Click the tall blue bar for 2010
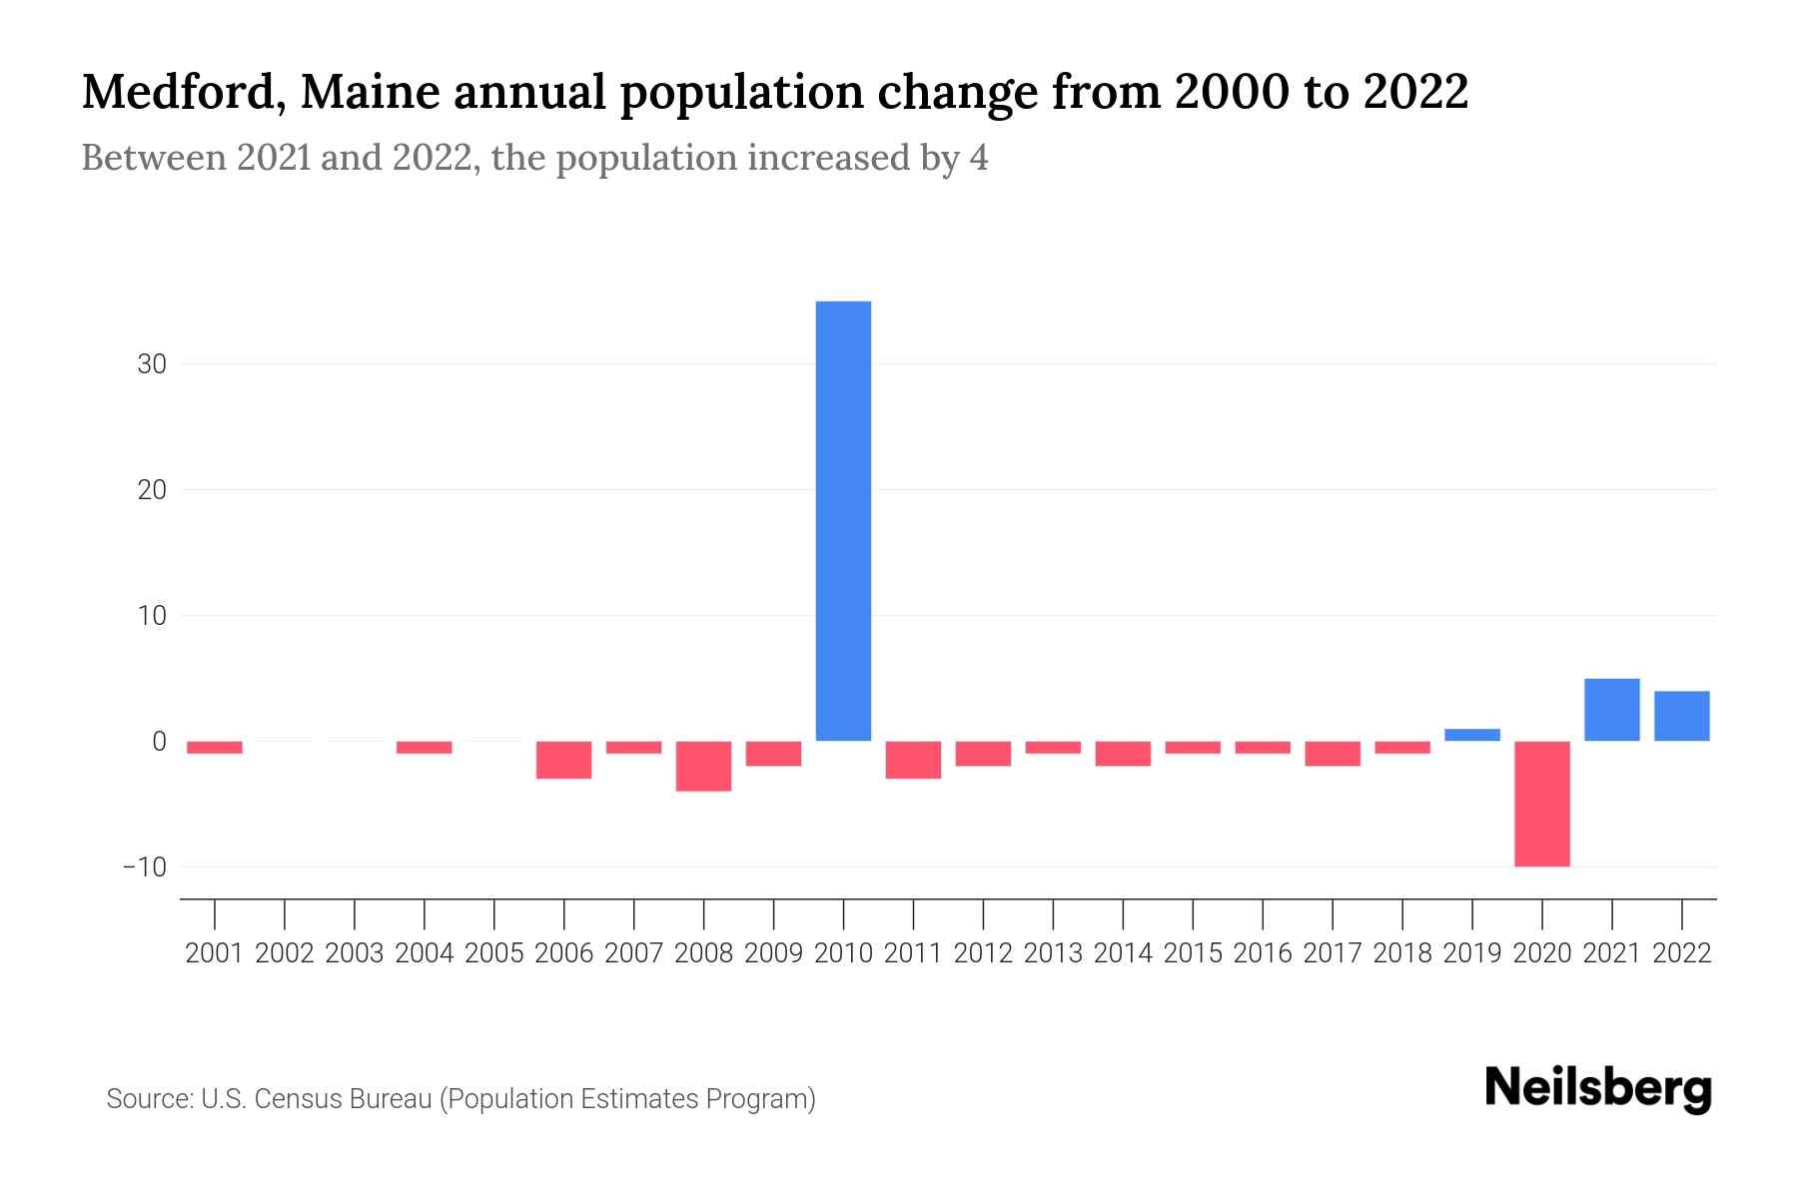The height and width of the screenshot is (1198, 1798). pyautogui.click(x=843, y=520)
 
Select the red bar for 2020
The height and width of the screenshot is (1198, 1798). pyautogui.click(x=1542, y=804)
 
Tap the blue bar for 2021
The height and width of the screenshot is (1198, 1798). pyautogui.click(x=1612, y=710)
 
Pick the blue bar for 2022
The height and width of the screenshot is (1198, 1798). pyautogui.click(x=1682, y=716)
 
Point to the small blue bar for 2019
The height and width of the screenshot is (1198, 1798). pyautogui.click(x=1472, y=735)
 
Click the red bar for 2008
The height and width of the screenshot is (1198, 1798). pyautogui.click(x=703, y=766)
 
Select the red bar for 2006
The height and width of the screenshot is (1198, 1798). pyautogui.click(x=563, y=760)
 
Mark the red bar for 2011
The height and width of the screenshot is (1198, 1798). pyautogui.click(x=913, y=760)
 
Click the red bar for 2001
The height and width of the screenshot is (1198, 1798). pyautogui.click(x=215, y=747)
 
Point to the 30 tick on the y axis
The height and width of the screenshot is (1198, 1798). pyautogui.click(x=152, y=364)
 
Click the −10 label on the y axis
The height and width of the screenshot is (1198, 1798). pyautogui.click(x=145, y=867)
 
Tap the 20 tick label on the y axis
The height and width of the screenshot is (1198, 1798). pyautogui.click(x=152, y=490)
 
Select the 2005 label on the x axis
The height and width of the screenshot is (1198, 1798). pyautogui.click(x=494, y=953)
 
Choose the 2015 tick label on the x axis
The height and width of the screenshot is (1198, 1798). pyautogui.click(x=1193, y=953)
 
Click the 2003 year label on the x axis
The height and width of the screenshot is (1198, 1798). pyautogui.click(x=355, y=953)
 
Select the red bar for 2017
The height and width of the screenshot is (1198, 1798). pyautogui.click(x=1333, y=754)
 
